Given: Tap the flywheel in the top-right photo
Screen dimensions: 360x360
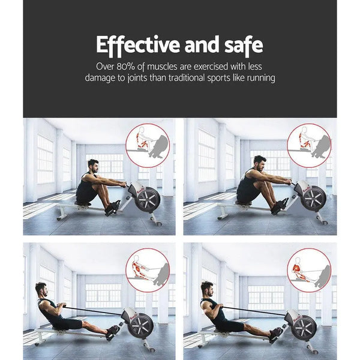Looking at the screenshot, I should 313,198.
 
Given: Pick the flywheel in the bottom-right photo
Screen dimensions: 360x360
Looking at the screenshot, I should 304,328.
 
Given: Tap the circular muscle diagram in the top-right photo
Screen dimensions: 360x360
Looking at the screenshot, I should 308,145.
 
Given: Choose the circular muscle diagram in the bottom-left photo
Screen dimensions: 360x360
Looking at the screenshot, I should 148,271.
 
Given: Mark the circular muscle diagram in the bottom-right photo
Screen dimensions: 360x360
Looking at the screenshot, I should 308,271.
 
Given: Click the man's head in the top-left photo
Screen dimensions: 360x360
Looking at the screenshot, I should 92,166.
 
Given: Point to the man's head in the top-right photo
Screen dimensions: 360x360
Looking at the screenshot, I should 259,163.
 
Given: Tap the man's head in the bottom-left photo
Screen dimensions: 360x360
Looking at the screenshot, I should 41,290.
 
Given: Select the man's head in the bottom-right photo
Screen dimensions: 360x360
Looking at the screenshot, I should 206,289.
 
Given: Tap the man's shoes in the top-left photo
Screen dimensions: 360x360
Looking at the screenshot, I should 113,206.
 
